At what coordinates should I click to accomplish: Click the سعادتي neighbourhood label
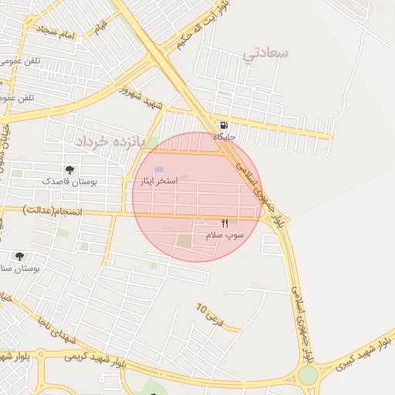pyautogui.click(x=265, y=53)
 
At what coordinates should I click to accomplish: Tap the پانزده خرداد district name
pyautogui.click(x=110, y=142)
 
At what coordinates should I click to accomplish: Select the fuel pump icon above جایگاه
pyautogui.click(x=224, y=125)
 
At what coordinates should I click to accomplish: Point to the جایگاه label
pyautogui.click(x=224, y=137)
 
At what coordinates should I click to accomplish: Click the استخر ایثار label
pyautogui.click(x=157, y=181)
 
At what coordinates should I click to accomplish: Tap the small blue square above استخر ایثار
pyautogui.click(x=159, y=169)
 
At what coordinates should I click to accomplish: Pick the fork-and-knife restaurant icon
pyautogui.click(x=225, y=222)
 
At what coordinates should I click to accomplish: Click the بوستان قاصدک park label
pyautogui.click(x=70, y=181)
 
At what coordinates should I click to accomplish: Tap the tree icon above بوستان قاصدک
pyautogui.click(x=69, y=170)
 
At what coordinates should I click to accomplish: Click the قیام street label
pyautogui.click(x=101, y=27)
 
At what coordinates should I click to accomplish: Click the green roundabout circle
pyautogui.click(x=308, y=376)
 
